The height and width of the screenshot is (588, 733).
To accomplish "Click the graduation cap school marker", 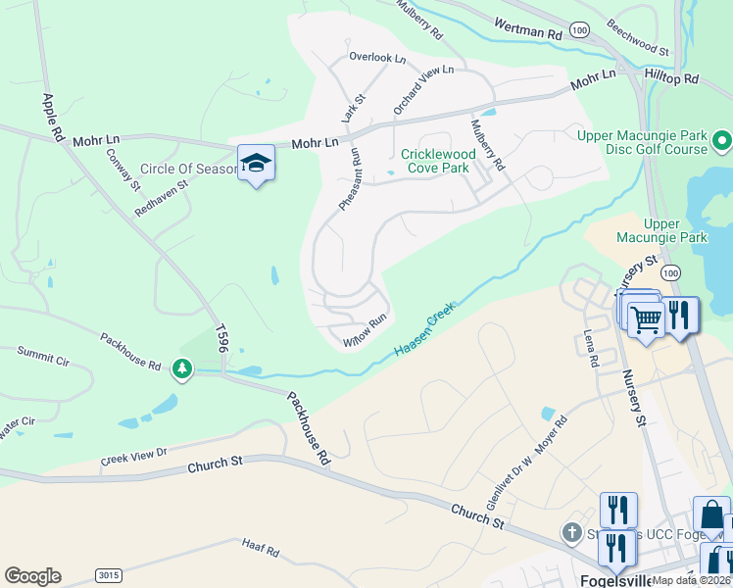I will pyautogui.click(x=256, y=164).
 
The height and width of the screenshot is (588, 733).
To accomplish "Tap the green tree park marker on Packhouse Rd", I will pyautogui.click(x=181, y=368).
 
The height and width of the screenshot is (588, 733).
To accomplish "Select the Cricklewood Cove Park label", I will pyautogui.click(x=438, y=162).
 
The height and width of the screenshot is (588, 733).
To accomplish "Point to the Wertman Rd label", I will pyautogui.click(x=528, y=33).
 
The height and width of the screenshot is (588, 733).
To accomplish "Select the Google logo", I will pyautogui.click(x=32, y=576).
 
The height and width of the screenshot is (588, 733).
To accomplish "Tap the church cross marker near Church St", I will pyautogui.click(x=571, y=532).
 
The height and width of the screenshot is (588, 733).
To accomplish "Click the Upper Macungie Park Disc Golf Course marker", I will pyautogui.click(x=722, y=142).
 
